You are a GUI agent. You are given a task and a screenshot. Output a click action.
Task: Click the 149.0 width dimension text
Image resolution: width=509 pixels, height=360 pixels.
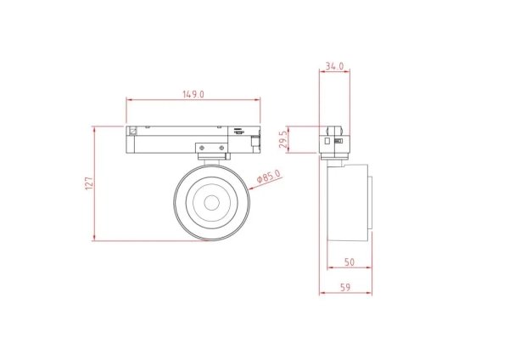[x=193, y=94]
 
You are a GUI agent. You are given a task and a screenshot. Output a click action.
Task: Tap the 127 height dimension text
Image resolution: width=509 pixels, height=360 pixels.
[x=88, y=183]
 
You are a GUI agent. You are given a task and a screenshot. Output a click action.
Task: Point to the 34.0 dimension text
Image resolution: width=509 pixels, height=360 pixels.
[x=334, y=65]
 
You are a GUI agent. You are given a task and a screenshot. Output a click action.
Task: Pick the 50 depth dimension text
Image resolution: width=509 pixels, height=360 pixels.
[x=348, y=262]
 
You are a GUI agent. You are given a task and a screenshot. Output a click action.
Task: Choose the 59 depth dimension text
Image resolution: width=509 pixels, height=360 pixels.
[x=346, y=288]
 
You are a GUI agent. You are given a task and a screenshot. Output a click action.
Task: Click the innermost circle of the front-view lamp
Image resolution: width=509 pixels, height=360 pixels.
[x=211, y=203]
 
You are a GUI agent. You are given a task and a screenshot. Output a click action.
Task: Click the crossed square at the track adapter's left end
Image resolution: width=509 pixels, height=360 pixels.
[x=133, y=132]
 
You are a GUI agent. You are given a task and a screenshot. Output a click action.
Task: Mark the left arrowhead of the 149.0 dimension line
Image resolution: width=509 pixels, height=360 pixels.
[x=129, y=100]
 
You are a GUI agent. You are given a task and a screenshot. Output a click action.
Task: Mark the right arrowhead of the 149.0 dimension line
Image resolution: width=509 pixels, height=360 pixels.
[x=259, y=100]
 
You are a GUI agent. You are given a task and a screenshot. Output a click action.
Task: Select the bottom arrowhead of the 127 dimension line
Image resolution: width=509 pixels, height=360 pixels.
[x=94, y=239]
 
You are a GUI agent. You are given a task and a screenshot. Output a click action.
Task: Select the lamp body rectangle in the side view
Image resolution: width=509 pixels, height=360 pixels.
[x=346, y=205]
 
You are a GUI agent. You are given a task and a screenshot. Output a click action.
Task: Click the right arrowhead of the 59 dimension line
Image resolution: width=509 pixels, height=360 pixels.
[x=371, y=295]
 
